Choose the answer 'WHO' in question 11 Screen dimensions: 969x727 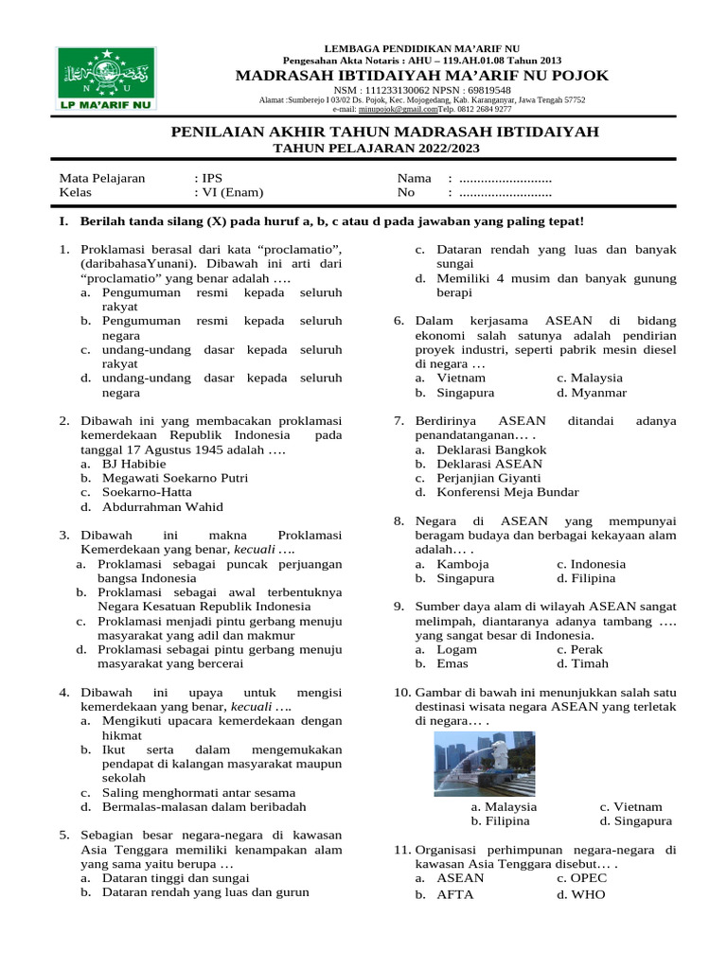(x=587, y=893)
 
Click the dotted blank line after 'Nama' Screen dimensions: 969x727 (x=505, y=178)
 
